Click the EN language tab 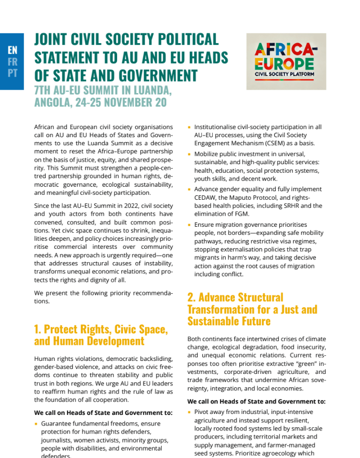13,50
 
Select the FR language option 13,62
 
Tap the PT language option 13,73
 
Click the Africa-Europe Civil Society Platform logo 286,62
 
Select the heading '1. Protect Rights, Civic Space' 101,329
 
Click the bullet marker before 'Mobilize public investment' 189,155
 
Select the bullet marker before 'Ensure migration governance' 189,225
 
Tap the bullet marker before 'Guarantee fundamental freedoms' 36,424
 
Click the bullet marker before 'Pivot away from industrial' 189,412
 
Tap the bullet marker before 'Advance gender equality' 189,190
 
